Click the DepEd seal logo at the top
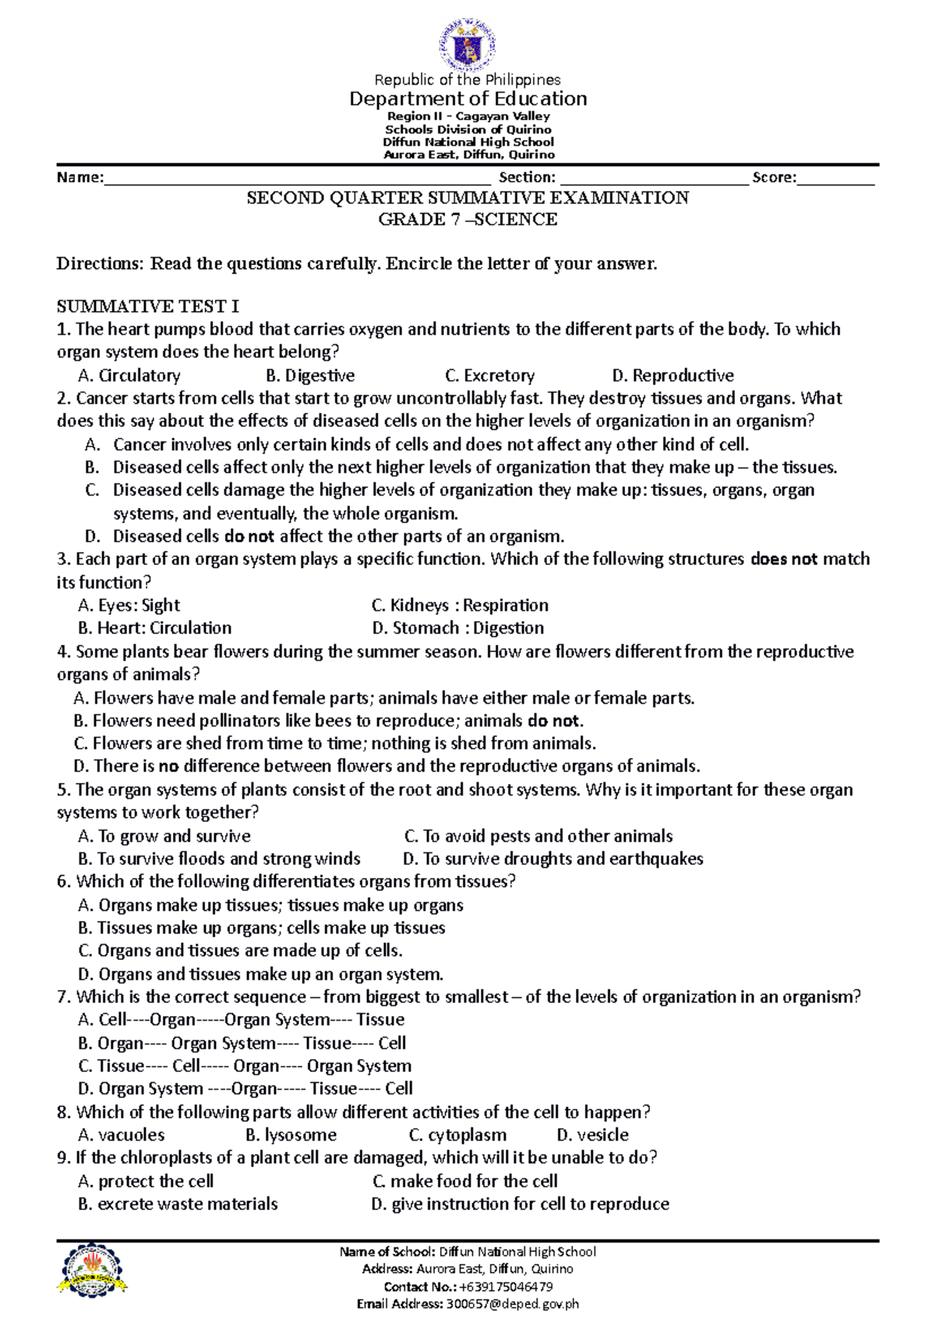(x=467, y=44)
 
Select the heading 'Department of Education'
(x=467, y=99)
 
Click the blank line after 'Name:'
(x=296, y=179)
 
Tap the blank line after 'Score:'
(x=835, y=179)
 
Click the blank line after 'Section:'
(x=653, y=179)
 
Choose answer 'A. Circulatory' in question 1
(x=129, y=376)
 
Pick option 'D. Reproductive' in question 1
(x=672, y=376)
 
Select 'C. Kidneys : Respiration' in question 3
(x=460, y=605)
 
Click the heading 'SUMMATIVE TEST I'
(x=148, y=306)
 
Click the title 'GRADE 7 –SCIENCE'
(x=467, y=220)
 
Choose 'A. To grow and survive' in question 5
(x=164, y=836)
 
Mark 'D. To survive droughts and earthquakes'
(x=553, y=859)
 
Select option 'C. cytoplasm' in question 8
(x=457, y=1134)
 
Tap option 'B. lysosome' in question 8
(x=291, y=1134)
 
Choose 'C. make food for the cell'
(x=465, y=1180)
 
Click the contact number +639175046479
(x=506, y=1286)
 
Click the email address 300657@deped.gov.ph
(x=512, y=1304)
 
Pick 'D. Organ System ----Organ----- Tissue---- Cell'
(x=245, y=1088)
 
